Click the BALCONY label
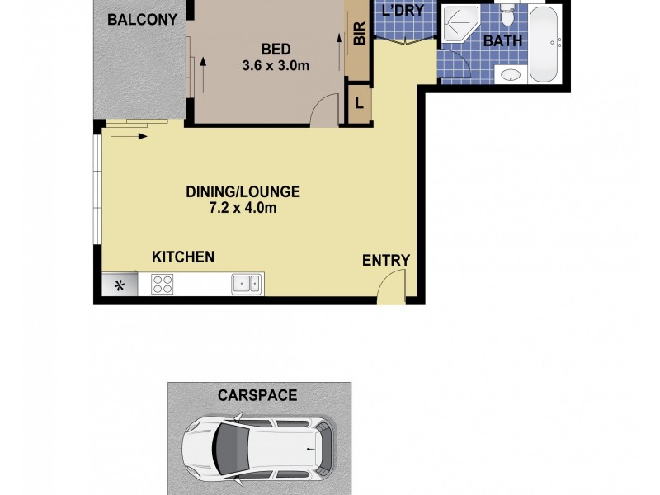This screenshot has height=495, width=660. tap(141, 19)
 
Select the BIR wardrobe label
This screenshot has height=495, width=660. tap(359, 34)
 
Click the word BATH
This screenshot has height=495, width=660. tap(502, 40)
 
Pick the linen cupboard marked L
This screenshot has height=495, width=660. tap(359, 105)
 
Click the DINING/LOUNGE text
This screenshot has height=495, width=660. tap(242, 192)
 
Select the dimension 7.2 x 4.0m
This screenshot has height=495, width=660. tap(242, 209)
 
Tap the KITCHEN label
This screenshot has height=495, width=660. tap(183, 257)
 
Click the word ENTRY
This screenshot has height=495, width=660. tap(386, 261)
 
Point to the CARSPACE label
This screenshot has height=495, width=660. tap(257, 395)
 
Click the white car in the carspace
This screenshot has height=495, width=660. tap(258, 451)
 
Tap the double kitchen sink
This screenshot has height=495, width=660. tap(246, 285)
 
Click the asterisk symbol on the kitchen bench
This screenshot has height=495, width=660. tap(119, 286)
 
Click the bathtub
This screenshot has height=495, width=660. tap(544, 45)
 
